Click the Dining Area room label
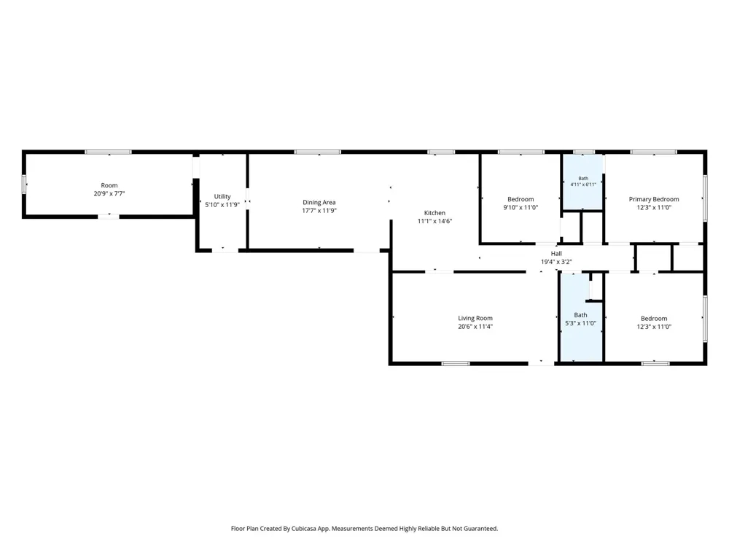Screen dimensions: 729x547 pyautogui.click(x=319, y=202)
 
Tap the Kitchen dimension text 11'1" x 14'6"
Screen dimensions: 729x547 pyautogui.click(x=434, y=222)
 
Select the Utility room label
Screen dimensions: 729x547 pyautogui.click(x=222, y=196)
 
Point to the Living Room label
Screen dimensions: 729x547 pyautogui.click(x=475, y=318)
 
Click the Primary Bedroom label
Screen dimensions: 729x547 pyautogui.click(x=654, y=199)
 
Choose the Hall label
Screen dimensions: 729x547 pyautogui.click(x=556, y=254)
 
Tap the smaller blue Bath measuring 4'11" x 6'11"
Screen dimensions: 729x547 pyautogui.click(x=583, y=182)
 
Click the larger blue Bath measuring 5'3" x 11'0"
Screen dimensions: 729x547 pyautogui.click(x=581, y=317)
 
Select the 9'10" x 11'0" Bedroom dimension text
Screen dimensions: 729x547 pyautogui.click(x=521, y=207)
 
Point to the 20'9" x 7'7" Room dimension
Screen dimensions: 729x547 pyautogui.click(x=109, y=193)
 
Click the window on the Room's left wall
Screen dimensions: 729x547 pyautogui.click(x=24, y=185)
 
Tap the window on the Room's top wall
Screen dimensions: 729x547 pyautogui.click(x=108, y=152)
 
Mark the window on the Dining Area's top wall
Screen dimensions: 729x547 pyautogui.click(x=318, y=152)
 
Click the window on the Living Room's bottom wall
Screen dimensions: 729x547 pyautogui.click(x=456, y=363)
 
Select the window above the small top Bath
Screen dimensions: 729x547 pyautogui.click(x=583, y=152)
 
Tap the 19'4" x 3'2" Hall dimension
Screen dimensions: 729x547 pyautogui.click(x=556, y=262)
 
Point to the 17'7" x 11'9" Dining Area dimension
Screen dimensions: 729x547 pyautogui.click(x=319, y=211)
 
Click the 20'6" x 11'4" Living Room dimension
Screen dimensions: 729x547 pyautogui.click(x=475, y=327)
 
